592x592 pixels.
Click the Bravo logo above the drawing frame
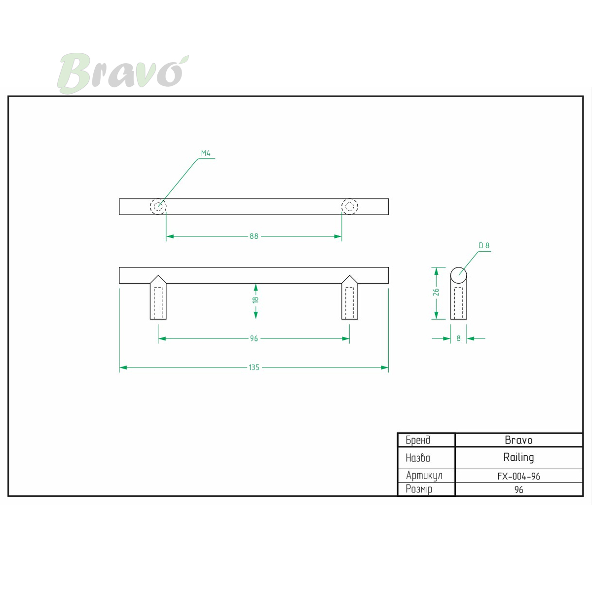(122, 73)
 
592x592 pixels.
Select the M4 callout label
(206, 153)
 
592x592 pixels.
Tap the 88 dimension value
(254, 236)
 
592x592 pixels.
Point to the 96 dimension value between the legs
(254, 338)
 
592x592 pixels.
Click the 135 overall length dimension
(254, 368)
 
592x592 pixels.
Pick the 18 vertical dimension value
(256, 299)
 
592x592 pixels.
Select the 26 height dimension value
(436, 292)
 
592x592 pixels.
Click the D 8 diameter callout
(484, 246)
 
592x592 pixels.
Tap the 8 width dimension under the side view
(458, 338)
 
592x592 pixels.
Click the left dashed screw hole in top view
(158, 206)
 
